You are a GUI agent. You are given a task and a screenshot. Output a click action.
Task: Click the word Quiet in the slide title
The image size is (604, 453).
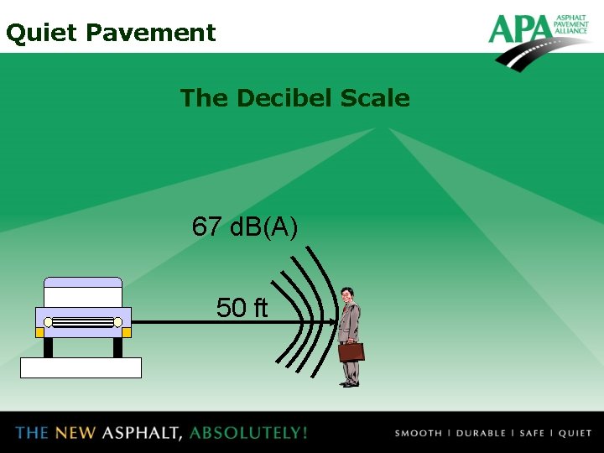[41, 33]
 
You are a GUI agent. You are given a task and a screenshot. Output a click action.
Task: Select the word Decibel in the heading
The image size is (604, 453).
[284, 98]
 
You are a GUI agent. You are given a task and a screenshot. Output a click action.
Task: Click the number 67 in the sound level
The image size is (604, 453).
[206, 226]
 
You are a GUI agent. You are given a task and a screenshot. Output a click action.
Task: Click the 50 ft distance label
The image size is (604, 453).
[242, 308]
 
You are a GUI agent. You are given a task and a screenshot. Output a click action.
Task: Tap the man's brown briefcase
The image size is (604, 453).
[351, 351]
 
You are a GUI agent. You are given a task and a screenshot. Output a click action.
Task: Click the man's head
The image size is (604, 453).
[347, 295]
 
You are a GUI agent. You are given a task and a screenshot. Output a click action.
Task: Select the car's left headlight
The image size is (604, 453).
[48, 322]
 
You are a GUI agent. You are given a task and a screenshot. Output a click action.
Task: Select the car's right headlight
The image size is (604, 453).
[118, 322]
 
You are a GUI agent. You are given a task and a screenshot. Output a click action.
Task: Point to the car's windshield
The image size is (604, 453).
[83, 295]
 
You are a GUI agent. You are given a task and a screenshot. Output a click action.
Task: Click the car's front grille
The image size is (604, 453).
[83, 322]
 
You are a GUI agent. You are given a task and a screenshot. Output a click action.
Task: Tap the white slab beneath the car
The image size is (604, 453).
[81, 367]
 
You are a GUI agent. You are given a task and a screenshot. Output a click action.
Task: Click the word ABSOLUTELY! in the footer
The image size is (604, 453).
[248, 433]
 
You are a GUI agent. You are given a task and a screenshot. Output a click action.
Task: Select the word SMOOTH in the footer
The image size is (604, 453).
[418, 433]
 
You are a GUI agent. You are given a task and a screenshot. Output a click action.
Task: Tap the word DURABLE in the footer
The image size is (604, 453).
[481, 433]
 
